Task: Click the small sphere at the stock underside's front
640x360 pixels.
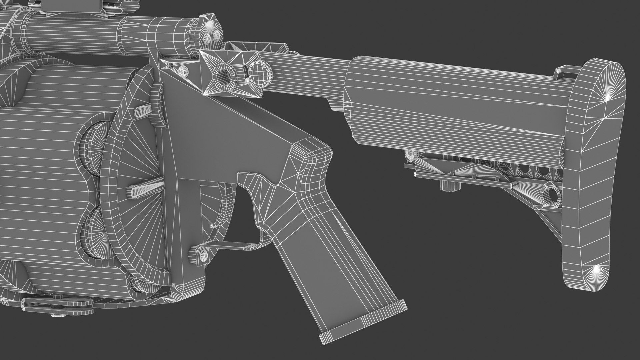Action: pyautogui.click(x=411, y=154)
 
